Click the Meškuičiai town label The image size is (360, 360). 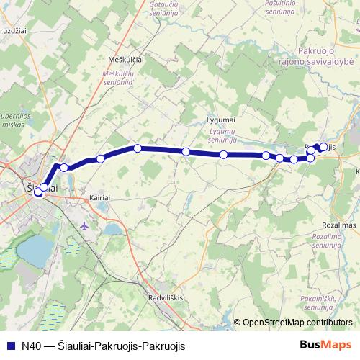[x=125, y=60]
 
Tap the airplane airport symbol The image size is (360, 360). [x=85, y=226]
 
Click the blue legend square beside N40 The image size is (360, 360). [x=11, y=346]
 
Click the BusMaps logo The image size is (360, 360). [x=323, y=345]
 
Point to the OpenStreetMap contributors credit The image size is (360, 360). [x=297, y=323]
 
